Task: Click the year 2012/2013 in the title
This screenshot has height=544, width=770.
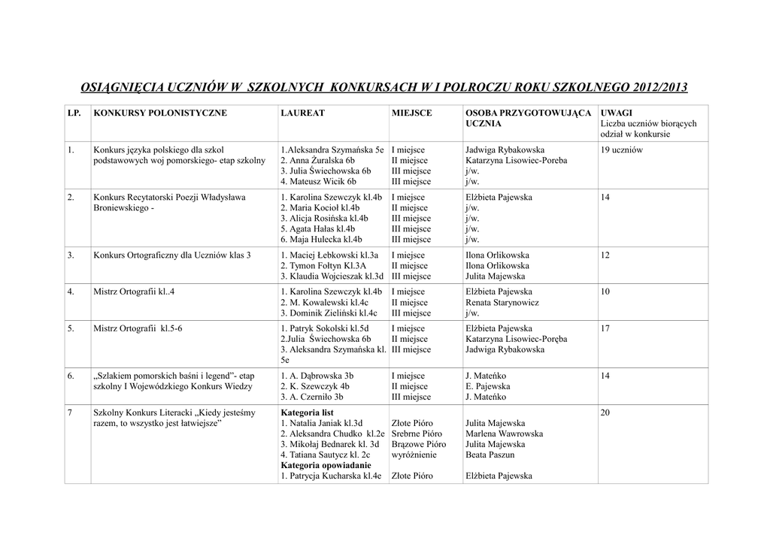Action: [x=659, y=87]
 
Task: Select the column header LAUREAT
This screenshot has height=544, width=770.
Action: [x=302, y=113]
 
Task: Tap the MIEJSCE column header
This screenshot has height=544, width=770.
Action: [x=411, y=113]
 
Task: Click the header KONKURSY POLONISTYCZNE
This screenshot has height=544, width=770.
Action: [x=159, y=113]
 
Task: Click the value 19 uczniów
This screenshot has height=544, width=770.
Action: [x=622, y=150]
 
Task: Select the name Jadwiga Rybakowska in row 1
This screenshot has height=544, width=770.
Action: [x=505, y=150]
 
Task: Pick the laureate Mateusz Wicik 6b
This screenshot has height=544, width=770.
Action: [x=318, y=181]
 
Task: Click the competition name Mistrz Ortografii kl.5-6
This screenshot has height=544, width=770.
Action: [x=138, y=328]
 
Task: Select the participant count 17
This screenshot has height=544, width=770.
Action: [x=606, y=328]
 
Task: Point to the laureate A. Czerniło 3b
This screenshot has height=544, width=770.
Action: [x=312, y=397]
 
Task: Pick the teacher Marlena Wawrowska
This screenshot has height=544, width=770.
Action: [x=504, y=434]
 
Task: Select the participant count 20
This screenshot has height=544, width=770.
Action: [x=606, y=413]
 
